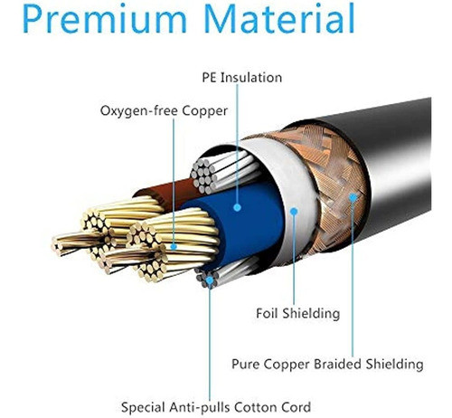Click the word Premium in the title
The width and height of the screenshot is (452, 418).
pos(105,19)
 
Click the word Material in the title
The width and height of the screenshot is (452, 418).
pos(279,18)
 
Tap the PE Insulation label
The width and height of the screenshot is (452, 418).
pos(242,78)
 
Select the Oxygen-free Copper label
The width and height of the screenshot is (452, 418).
pos(164,111)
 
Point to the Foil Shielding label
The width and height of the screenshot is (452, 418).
pos(297,313)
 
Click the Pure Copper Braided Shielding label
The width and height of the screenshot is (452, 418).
pos(327,364)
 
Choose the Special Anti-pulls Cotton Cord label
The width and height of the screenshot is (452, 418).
pos(216,407)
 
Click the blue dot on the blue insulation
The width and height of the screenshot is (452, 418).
pos(238,207)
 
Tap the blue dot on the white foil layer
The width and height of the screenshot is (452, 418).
pos(294,212)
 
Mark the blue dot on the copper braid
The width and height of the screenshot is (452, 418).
pos(353,197)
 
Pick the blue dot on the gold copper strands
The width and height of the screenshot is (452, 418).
pos(174,247)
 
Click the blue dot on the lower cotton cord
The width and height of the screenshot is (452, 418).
pos(210,280)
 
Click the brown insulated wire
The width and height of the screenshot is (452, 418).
pos(169,192)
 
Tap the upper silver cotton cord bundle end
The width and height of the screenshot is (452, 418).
pos(202,176)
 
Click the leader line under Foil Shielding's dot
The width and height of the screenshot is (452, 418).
pos(294,260)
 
